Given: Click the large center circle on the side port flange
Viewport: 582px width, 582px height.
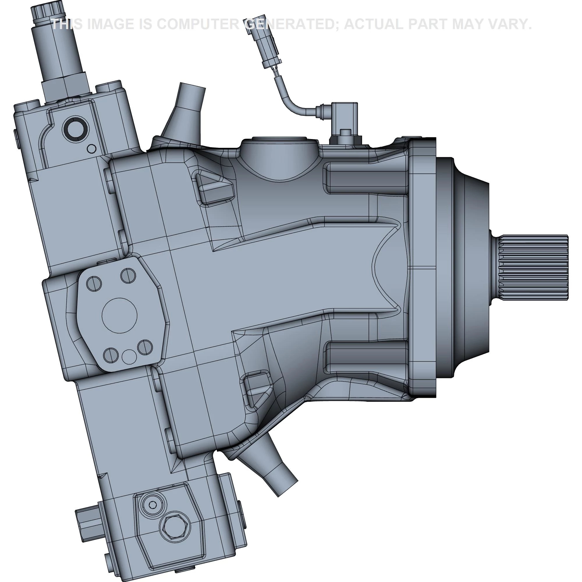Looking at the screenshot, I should point(120,315).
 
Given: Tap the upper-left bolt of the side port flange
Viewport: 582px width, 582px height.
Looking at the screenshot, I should point(94,283).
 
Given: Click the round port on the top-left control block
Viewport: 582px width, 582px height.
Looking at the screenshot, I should point(76,129).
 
